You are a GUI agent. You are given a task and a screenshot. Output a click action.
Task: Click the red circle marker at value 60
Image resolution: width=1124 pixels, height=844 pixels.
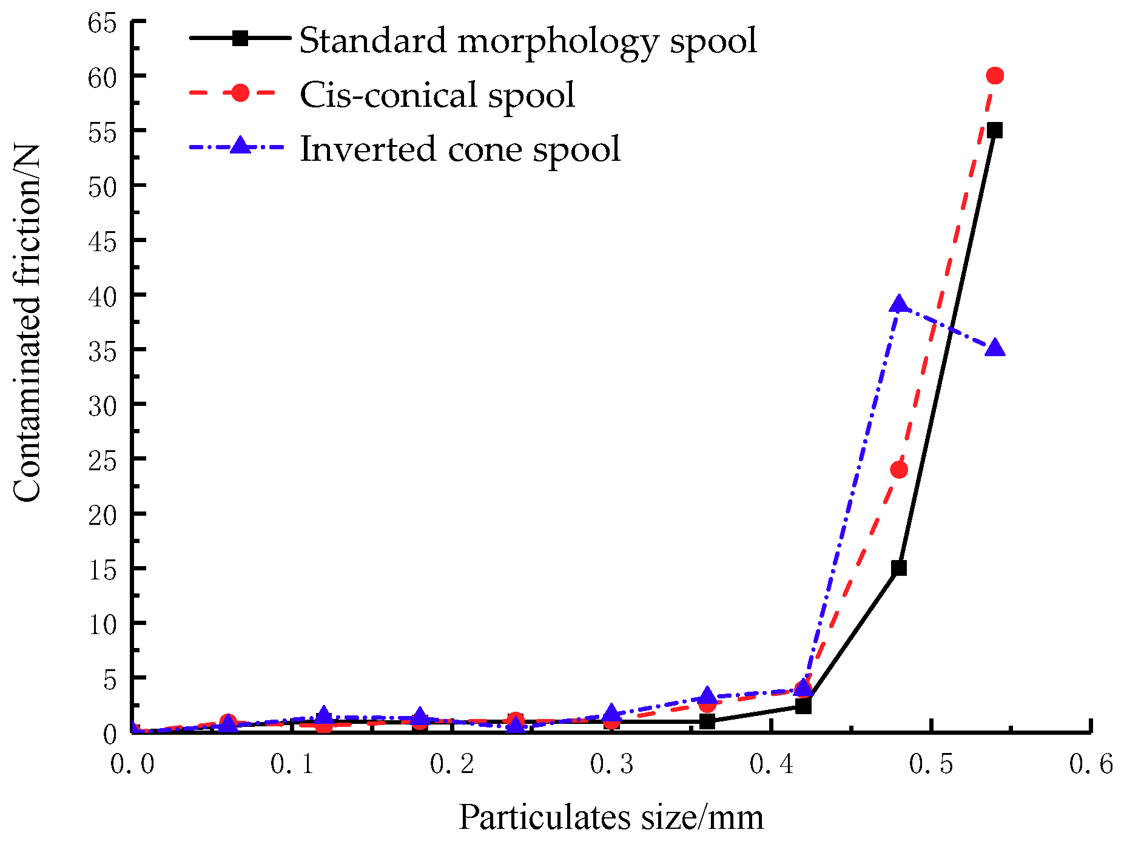995,76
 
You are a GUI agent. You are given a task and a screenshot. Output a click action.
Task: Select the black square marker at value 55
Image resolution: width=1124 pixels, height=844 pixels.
995,130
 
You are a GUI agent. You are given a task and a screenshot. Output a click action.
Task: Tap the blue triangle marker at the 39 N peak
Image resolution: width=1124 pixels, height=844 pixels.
899,305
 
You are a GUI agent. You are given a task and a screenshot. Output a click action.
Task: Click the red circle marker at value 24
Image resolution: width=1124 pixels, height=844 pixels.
899,470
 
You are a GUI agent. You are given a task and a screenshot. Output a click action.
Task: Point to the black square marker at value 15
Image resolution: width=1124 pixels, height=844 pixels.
899,568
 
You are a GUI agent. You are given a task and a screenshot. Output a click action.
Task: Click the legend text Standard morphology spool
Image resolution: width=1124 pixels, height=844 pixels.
528,41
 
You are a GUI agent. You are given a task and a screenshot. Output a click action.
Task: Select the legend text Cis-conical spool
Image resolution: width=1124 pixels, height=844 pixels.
437,95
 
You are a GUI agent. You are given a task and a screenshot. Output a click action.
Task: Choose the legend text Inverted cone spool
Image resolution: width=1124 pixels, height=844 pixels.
460,149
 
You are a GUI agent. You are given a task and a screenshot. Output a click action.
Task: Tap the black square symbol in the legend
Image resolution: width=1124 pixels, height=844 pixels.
240,38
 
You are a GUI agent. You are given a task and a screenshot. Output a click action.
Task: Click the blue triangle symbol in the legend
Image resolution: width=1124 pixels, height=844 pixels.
240,146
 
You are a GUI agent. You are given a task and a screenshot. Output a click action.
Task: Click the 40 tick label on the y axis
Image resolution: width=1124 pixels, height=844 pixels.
101,295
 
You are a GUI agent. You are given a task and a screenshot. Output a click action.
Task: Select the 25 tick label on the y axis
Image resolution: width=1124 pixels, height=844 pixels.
101,460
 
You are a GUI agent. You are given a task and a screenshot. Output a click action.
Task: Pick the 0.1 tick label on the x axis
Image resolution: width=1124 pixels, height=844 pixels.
292,765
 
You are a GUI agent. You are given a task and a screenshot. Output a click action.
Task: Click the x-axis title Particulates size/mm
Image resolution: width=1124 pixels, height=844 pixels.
611,817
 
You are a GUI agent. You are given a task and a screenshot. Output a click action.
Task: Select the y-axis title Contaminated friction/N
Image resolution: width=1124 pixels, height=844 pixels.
27,323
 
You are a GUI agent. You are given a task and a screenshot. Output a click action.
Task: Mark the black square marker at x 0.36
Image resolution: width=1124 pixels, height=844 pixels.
707,721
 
